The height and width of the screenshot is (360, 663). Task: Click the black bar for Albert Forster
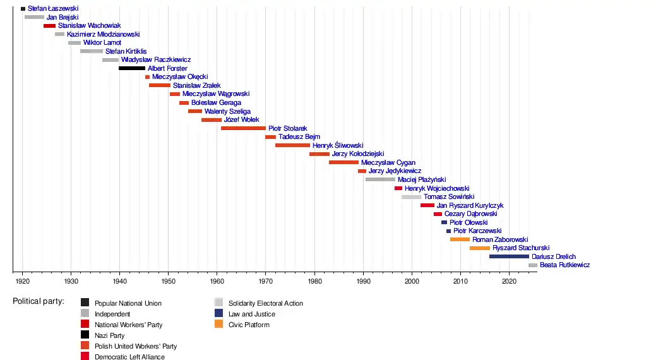[132, 68]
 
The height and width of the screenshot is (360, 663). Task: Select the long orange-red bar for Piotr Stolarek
[243, 128]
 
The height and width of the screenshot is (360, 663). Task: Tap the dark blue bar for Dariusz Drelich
[509, 256]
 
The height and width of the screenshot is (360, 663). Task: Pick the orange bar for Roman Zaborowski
[460, 239]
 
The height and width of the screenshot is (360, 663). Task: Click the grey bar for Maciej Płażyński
[380, 179]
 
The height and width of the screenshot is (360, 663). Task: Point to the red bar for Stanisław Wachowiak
[49, 26]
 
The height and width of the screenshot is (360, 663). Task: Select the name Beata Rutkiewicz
[564, 265]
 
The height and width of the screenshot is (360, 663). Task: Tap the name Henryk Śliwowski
[338, 145]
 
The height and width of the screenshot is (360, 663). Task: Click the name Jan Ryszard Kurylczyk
[470, 205]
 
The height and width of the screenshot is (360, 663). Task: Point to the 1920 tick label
[22, 280]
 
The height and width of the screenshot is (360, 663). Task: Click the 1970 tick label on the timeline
[266, 280]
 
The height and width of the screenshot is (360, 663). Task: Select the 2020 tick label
[509, 280]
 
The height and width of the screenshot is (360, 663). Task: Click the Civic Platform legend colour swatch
[218, 325]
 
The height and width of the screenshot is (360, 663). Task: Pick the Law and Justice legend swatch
[218, 314]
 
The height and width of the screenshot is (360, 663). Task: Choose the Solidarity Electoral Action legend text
[265, 303]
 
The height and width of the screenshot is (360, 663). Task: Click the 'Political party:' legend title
[39, 301]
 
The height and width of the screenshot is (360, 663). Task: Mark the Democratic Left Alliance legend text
[129, 357]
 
